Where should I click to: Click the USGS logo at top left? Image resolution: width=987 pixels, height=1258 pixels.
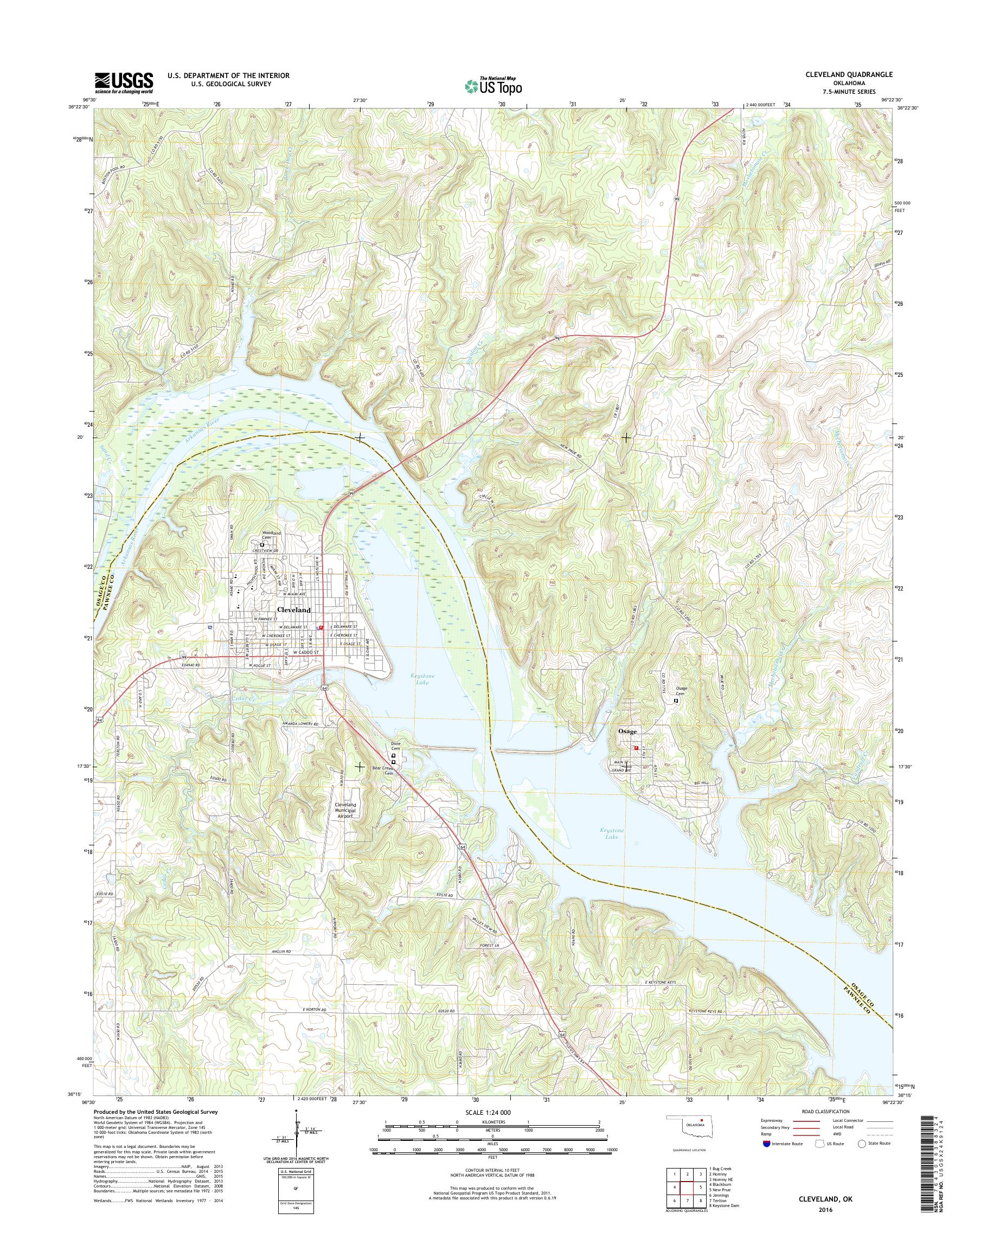point(124,82)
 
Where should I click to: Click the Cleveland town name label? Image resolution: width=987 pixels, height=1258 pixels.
point(293,609)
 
